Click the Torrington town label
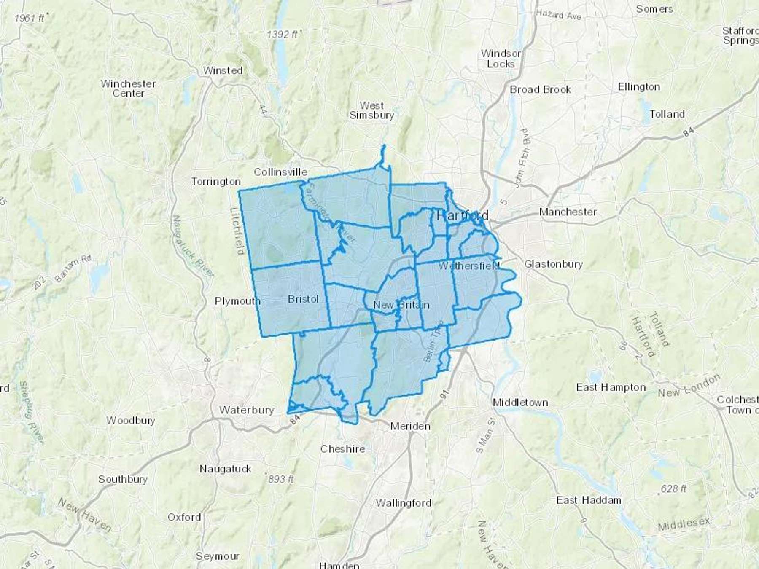[x=216, y=182]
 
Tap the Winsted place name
[x=223, y=70]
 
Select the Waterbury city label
[x=247, y=410]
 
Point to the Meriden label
[x=410, y=426]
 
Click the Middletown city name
[x=520, y=403]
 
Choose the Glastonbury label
[x=553, y=264]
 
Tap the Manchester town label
[x=568, y=212]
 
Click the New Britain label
[x=401, y=305]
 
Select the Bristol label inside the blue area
[x=303, y=299]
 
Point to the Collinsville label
[x=280, y=172]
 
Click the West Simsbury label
[x=371, y=110]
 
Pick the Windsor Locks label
[x=501, y=59]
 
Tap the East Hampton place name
[x=611, y=387]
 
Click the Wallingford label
[x=404, y=503]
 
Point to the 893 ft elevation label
[x=280, y=479]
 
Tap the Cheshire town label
[x=342, y=449]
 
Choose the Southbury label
[x=123, y=479]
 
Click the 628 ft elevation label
[x=673, y=488]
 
